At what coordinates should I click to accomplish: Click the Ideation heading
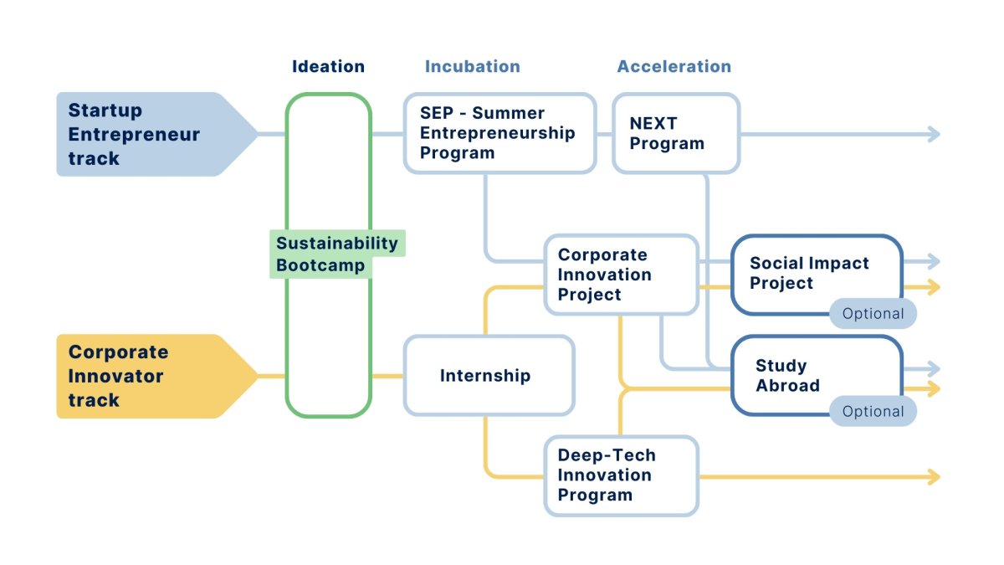[328, 67]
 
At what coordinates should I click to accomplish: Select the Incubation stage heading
[472, 67]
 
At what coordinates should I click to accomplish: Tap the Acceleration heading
[674, 67]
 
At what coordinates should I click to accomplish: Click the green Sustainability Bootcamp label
[336, 254]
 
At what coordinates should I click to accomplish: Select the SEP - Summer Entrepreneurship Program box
[499, 133]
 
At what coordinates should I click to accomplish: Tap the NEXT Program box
[675, 133]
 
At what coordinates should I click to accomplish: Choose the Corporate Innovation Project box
[621, 275]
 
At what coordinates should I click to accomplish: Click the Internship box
[489, 376]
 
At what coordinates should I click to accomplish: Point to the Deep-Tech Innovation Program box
[621, 475]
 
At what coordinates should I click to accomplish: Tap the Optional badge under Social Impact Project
[873, 314]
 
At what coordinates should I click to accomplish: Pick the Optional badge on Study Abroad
[873, 412]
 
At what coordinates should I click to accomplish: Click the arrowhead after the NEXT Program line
[934, 134]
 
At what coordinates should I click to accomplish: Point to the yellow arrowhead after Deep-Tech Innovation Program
[934, 476]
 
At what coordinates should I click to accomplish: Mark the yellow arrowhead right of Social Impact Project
[934, 287]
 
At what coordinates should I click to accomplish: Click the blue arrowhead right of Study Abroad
[934, 368]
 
